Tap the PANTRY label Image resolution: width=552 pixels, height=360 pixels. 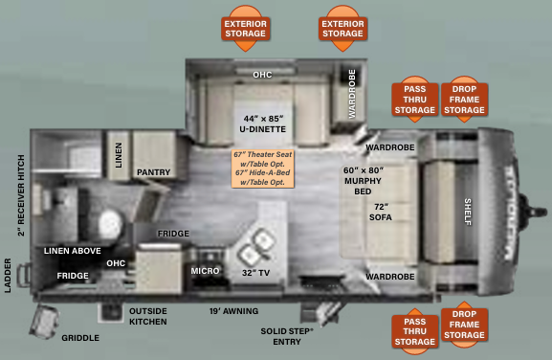pos(153,173)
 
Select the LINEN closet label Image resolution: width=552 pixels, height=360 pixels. pos(119,156)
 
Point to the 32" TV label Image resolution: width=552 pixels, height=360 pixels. pos(255,273)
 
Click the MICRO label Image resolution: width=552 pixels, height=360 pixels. pos(206,271)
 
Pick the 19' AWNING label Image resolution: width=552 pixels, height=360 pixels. pos(233,310)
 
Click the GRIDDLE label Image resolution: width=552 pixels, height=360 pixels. pos(80,338)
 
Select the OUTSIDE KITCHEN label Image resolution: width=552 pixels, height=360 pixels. pos(148,316)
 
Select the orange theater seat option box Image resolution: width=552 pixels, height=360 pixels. pos(263,168)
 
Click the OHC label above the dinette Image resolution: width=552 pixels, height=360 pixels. pos(262,74)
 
